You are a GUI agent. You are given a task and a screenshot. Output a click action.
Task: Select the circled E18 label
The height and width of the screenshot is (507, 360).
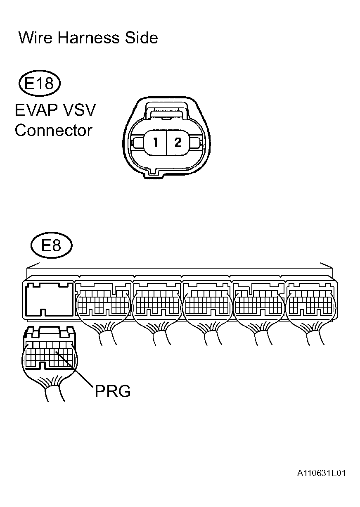tap(40, 83)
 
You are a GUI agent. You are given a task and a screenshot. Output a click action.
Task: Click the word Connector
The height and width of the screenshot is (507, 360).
tap(53, 131)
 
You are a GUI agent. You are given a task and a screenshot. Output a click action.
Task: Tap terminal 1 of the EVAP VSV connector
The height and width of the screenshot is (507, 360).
tap(156, 143)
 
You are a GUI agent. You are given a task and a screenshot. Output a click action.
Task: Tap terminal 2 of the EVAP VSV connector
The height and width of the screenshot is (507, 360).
tap(178, 143)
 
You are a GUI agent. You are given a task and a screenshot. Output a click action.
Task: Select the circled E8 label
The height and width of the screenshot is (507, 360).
tap(51, 245)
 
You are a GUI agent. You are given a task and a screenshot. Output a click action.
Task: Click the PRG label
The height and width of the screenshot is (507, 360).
tap(113, 391)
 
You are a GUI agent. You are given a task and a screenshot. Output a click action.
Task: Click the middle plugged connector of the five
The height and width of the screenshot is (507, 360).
tap(207, 304)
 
